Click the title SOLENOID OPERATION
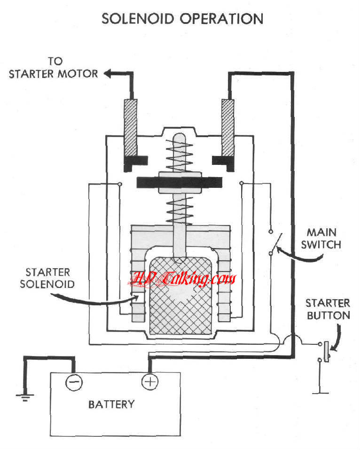(x=182, y=19)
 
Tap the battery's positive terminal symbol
(x=150, y=381)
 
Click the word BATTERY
(x=111, y=404)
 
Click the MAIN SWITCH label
(x=324, y=238)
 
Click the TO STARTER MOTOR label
(x=53, y=67)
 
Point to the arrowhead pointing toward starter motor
(x=108, y=74)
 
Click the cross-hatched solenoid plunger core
(x=180, y=296)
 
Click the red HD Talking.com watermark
(x=183, y=280)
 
